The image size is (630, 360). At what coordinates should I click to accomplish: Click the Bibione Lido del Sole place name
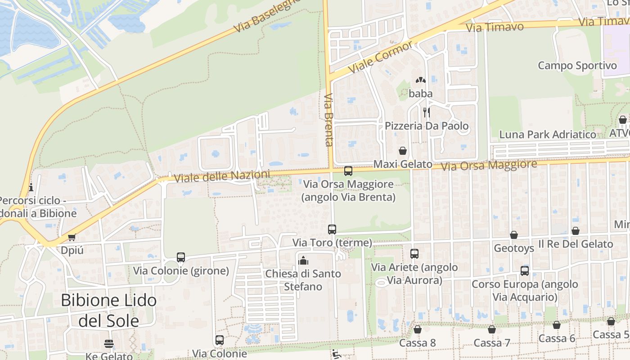coord(108,310)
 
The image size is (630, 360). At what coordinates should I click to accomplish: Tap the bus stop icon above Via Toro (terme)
coord(332,229)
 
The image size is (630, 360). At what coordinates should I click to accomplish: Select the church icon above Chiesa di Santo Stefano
coord(303,261)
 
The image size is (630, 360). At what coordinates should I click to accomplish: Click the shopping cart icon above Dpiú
coord(72,237)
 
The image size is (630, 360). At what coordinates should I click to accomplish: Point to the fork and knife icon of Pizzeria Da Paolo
coord(426,112)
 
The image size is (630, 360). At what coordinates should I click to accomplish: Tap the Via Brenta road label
coord(328,120)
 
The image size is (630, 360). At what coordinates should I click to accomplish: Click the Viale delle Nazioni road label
coord(222,176)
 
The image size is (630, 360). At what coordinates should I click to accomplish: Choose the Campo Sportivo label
coord(577,66)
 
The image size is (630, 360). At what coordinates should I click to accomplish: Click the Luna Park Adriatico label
coord(548,135)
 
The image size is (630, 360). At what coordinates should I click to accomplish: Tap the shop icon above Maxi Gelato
coord(403,151)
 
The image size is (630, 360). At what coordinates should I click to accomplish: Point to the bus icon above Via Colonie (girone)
coord(181,257)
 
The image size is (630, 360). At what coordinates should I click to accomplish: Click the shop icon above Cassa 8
coord(418,329)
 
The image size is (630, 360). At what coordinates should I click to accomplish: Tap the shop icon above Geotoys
coord(514,235)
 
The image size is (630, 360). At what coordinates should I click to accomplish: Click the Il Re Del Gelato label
coord(576,244)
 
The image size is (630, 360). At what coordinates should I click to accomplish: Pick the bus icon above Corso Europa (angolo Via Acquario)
coord(525,271)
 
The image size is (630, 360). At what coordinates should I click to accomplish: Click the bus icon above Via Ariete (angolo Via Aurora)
coord(414,254)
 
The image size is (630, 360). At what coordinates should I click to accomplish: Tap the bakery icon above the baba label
coord(421,80)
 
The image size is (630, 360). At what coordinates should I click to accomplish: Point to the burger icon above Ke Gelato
coord(108,344)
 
